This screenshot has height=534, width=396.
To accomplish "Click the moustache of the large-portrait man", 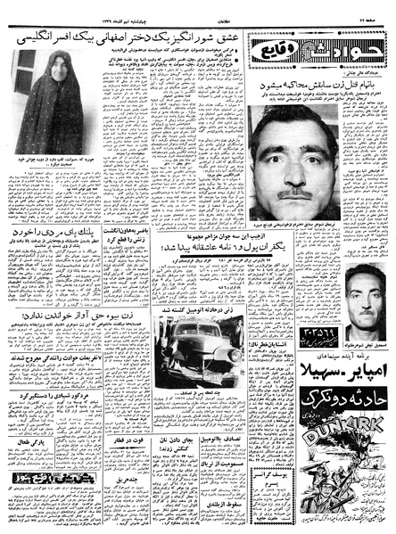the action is pos(295,193).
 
